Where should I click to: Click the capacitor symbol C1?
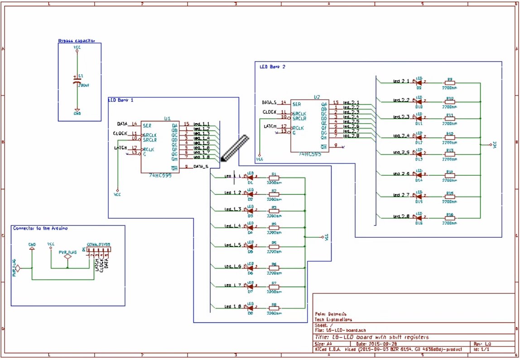tap(77, 80)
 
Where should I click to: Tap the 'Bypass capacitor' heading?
tap(76, 41)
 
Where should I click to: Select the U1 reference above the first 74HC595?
tap(167, 118)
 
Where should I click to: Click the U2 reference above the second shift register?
tap(317, 97)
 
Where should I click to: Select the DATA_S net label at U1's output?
tap(201, 167)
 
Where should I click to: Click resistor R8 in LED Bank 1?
tap(274, 308)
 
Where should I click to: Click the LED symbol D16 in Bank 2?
tap(419, 217)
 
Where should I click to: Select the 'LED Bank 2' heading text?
tap(272, 67)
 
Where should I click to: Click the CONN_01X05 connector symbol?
tap(98, 250)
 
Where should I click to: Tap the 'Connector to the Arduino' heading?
tap(40, 228)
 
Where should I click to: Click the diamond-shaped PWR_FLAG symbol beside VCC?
tap(67, 257)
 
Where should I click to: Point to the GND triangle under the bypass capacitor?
tap(77, 110)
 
